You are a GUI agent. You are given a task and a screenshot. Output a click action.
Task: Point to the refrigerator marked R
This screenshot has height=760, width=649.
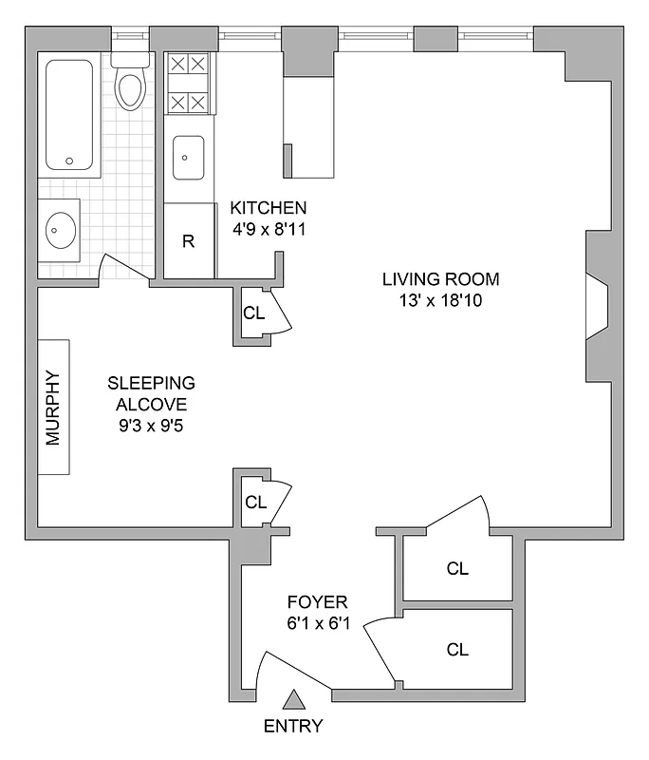(188, 240)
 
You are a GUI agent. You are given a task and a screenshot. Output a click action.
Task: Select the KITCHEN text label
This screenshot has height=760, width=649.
(269, 208)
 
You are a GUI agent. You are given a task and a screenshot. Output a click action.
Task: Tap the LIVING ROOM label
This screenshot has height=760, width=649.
(440, 279)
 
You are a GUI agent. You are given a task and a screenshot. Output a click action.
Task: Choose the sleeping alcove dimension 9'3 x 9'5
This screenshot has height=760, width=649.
(151, 426)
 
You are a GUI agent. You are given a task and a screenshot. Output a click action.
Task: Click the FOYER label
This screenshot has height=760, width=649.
(318, 602)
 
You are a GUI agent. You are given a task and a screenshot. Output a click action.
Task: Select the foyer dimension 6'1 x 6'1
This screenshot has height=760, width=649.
(318, 624)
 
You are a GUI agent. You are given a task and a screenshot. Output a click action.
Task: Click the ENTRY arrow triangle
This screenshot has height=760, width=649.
(295, 700)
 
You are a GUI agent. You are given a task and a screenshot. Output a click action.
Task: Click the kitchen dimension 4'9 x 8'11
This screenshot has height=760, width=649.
(269, 229)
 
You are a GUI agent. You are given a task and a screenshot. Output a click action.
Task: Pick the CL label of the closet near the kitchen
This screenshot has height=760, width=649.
(253, 313)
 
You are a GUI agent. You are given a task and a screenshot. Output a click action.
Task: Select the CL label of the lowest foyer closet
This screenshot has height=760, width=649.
(457, 650)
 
